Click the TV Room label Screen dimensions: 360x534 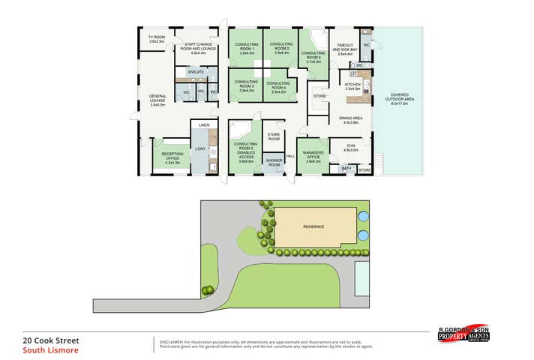click(156, 39)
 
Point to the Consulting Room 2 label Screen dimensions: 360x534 click(281, 49)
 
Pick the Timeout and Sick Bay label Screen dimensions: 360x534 click(345, 49)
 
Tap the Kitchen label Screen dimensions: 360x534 click(352, 86)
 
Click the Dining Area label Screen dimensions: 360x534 click(351, 119)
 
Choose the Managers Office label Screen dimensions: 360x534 click(313, 156)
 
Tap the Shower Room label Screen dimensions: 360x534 click(274, 163)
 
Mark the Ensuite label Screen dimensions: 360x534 click(196, 72)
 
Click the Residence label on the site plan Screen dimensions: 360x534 click(313, 225)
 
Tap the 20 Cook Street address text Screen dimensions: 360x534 click(51, 340)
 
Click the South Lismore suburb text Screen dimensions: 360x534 click(50, 349)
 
